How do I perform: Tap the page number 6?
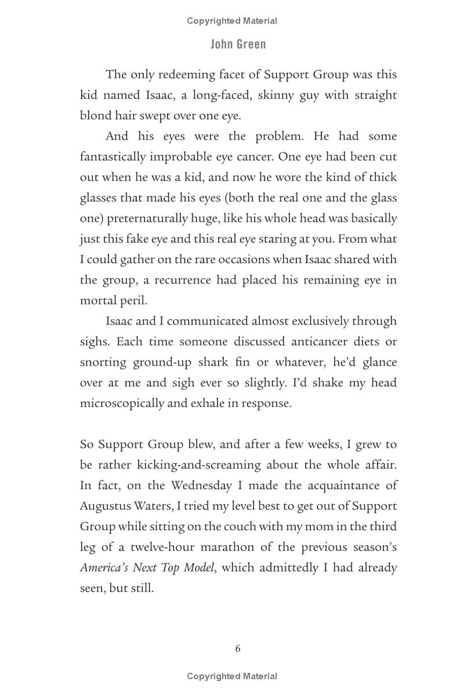(x=238, y=648)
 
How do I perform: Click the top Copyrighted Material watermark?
(x=232, y=21)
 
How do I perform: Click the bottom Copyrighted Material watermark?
(x=232, y=676)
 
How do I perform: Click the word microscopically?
(x=122, y=403)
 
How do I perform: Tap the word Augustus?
(x=104, y=506)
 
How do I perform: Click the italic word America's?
(x=105, y=567)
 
